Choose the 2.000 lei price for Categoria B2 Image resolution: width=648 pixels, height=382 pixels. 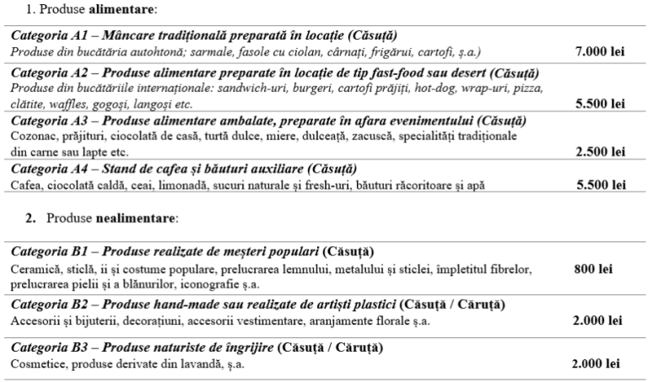click(597, 320)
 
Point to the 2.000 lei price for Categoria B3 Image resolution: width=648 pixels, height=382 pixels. click(597, 363)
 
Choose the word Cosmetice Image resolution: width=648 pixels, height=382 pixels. click(37, 363)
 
